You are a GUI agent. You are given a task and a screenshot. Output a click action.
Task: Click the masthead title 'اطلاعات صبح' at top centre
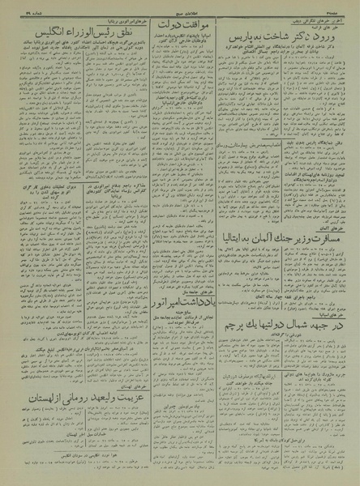(180, 8)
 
